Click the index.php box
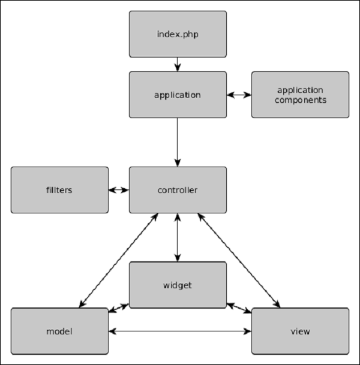[178, 34]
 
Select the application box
[178, 95]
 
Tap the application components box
[300, 95]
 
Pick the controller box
[178, 190]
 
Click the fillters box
[59, 190]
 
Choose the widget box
[178, 285]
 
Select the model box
[59, 331]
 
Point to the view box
[300, 331]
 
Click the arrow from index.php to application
[178, 64]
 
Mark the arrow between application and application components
[239, 95]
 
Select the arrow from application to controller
[178, 142]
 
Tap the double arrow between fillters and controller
[119, 190]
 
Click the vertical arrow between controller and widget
[178, 237]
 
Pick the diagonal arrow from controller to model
[117, 261]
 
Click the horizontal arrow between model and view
[180, 331]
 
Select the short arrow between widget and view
[239, 307]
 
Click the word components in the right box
[300, 100]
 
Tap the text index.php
[178, 34]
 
